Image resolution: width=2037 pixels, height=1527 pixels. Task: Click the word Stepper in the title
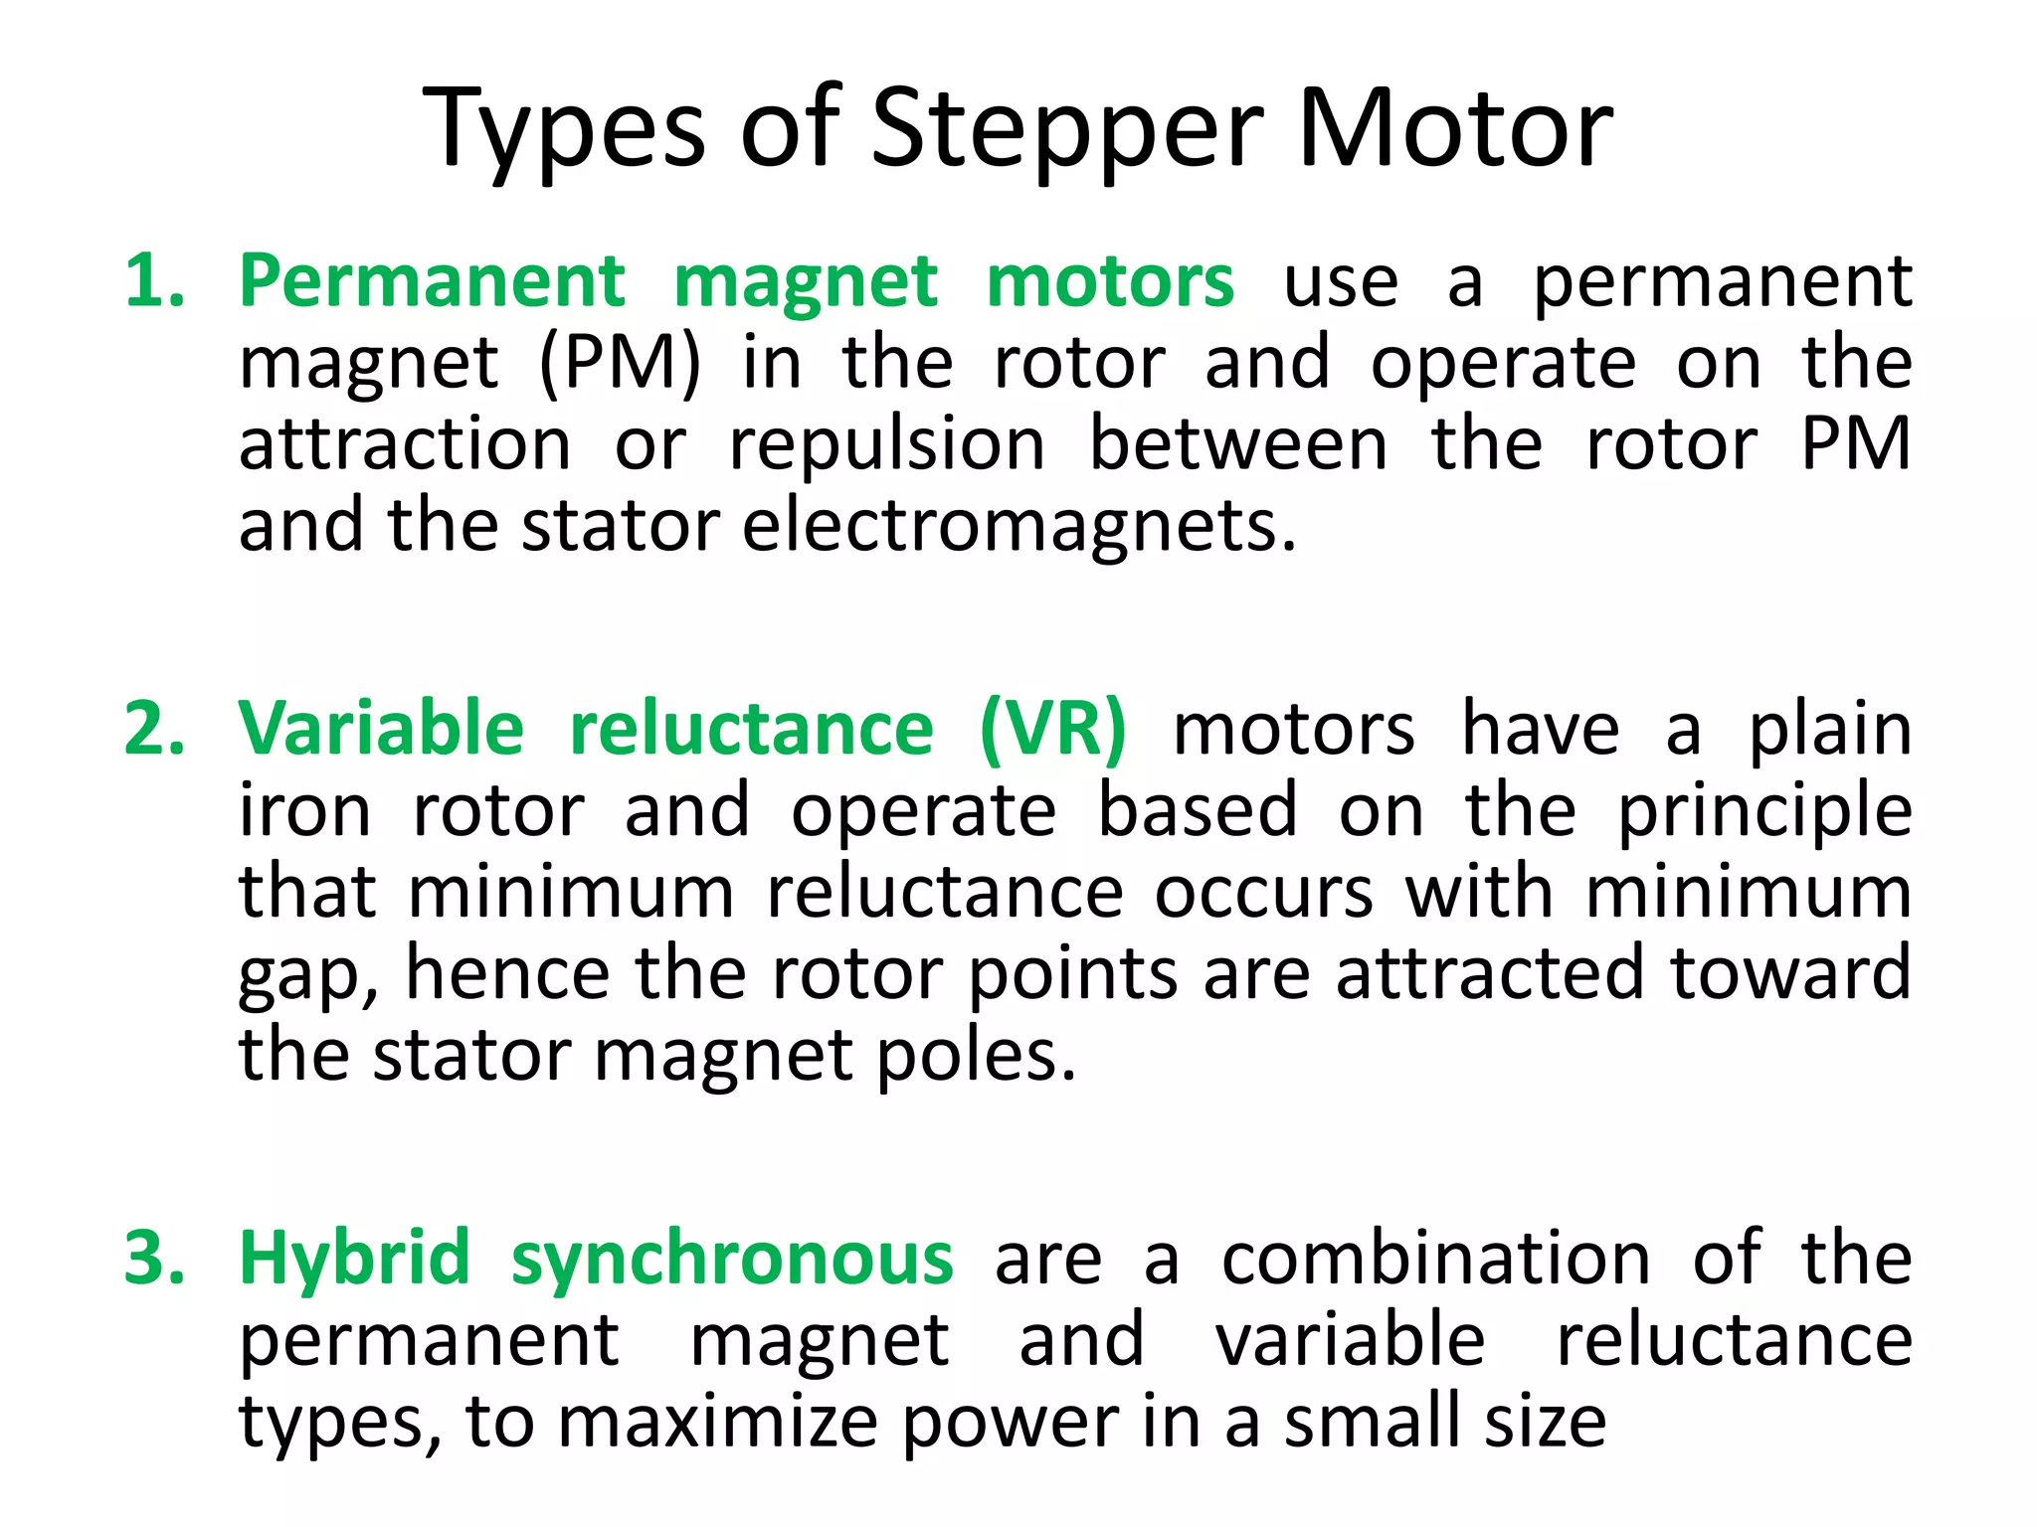point(1067,129)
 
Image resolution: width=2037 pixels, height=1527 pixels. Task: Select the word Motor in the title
point(1455,129)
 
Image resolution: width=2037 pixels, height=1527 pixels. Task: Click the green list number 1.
point(154,281)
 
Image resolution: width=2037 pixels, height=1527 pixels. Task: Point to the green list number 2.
point(154,729)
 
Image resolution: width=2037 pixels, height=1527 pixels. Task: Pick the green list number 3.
point(154,1259)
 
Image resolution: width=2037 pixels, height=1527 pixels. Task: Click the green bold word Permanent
point(433,281)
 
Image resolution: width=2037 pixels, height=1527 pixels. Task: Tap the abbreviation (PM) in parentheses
point(620,363)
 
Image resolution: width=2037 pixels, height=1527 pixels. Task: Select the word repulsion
point(887,444)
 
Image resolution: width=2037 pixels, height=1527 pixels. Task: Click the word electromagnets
point(1018,526)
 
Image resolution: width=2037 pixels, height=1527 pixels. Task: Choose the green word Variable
point(381,729)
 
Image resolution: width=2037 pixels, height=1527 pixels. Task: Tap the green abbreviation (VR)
point(1053,729)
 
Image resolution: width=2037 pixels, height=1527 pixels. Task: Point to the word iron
point(304,810)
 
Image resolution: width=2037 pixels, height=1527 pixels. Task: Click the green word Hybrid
point(354,1259)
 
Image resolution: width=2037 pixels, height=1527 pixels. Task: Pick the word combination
point(1436,1259)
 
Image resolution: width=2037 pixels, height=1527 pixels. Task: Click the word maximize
point(717,1422)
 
